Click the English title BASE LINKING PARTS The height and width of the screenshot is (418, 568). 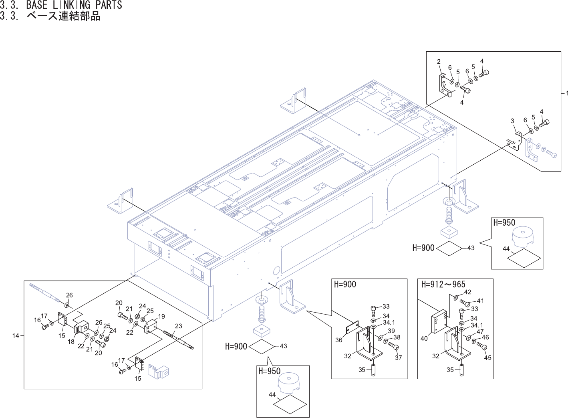click(74, 5)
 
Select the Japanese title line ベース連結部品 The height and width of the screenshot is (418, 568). click(63, 16)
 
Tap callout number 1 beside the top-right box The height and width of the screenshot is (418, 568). click(566, 93)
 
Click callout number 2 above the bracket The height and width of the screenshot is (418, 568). click(439, 62)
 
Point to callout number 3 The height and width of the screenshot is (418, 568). click(512, 121)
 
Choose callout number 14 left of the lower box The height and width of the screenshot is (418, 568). click(16, 335)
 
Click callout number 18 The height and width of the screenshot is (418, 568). click(71, 341)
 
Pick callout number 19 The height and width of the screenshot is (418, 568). click(161, 316)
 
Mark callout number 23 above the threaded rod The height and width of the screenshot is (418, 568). click(178, 326)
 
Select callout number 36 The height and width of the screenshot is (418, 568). click(339, 340)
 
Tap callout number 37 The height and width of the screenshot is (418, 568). click(398, 357)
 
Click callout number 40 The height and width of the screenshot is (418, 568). click(424, 338)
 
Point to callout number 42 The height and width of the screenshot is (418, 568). click(467, 292)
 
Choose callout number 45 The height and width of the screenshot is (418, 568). click(487, 357)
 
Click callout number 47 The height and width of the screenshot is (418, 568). click(480, 332)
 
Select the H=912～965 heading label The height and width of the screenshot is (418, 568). click(443, 285)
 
